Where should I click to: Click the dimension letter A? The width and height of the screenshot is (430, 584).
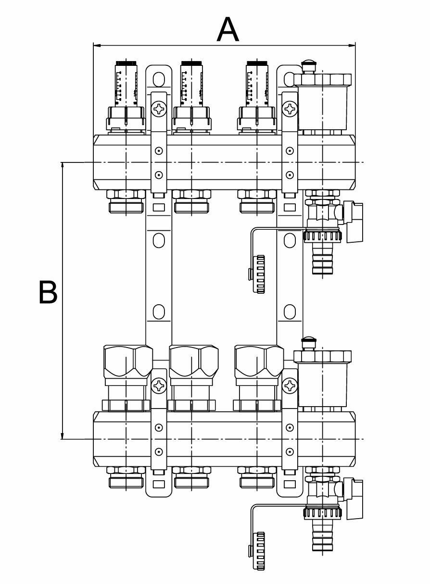point(228,29)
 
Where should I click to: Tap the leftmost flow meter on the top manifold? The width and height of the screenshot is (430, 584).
point(126,84)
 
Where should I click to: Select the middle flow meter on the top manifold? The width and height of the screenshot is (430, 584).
point(191,84)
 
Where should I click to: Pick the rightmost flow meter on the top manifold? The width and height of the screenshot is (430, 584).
point(256,84)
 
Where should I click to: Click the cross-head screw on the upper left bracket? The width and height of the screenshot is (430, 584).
point(158,110)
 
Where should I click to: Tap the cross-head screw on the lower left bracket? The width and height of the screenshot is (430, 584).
point(158,385)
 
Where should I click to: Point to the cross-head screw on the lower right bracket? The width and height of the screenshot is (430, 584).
point(290,385)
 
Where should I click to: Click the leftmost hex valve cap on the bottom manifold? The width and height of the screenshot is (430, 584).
point(127,360)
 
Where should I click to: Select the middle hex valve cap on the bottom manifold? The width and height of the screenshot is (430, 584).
point(192,360)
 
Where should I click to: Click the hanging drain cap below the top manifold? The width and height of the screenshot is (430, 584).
point(259,274)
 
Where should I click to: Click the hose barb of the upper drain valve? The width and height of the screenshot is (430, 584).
point(318,260)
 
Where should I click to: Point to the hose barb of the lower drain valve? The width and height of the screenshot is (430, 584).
point(318,536)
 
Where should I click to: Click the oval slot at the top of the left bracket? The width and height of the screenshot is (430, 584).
point(158,78)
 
